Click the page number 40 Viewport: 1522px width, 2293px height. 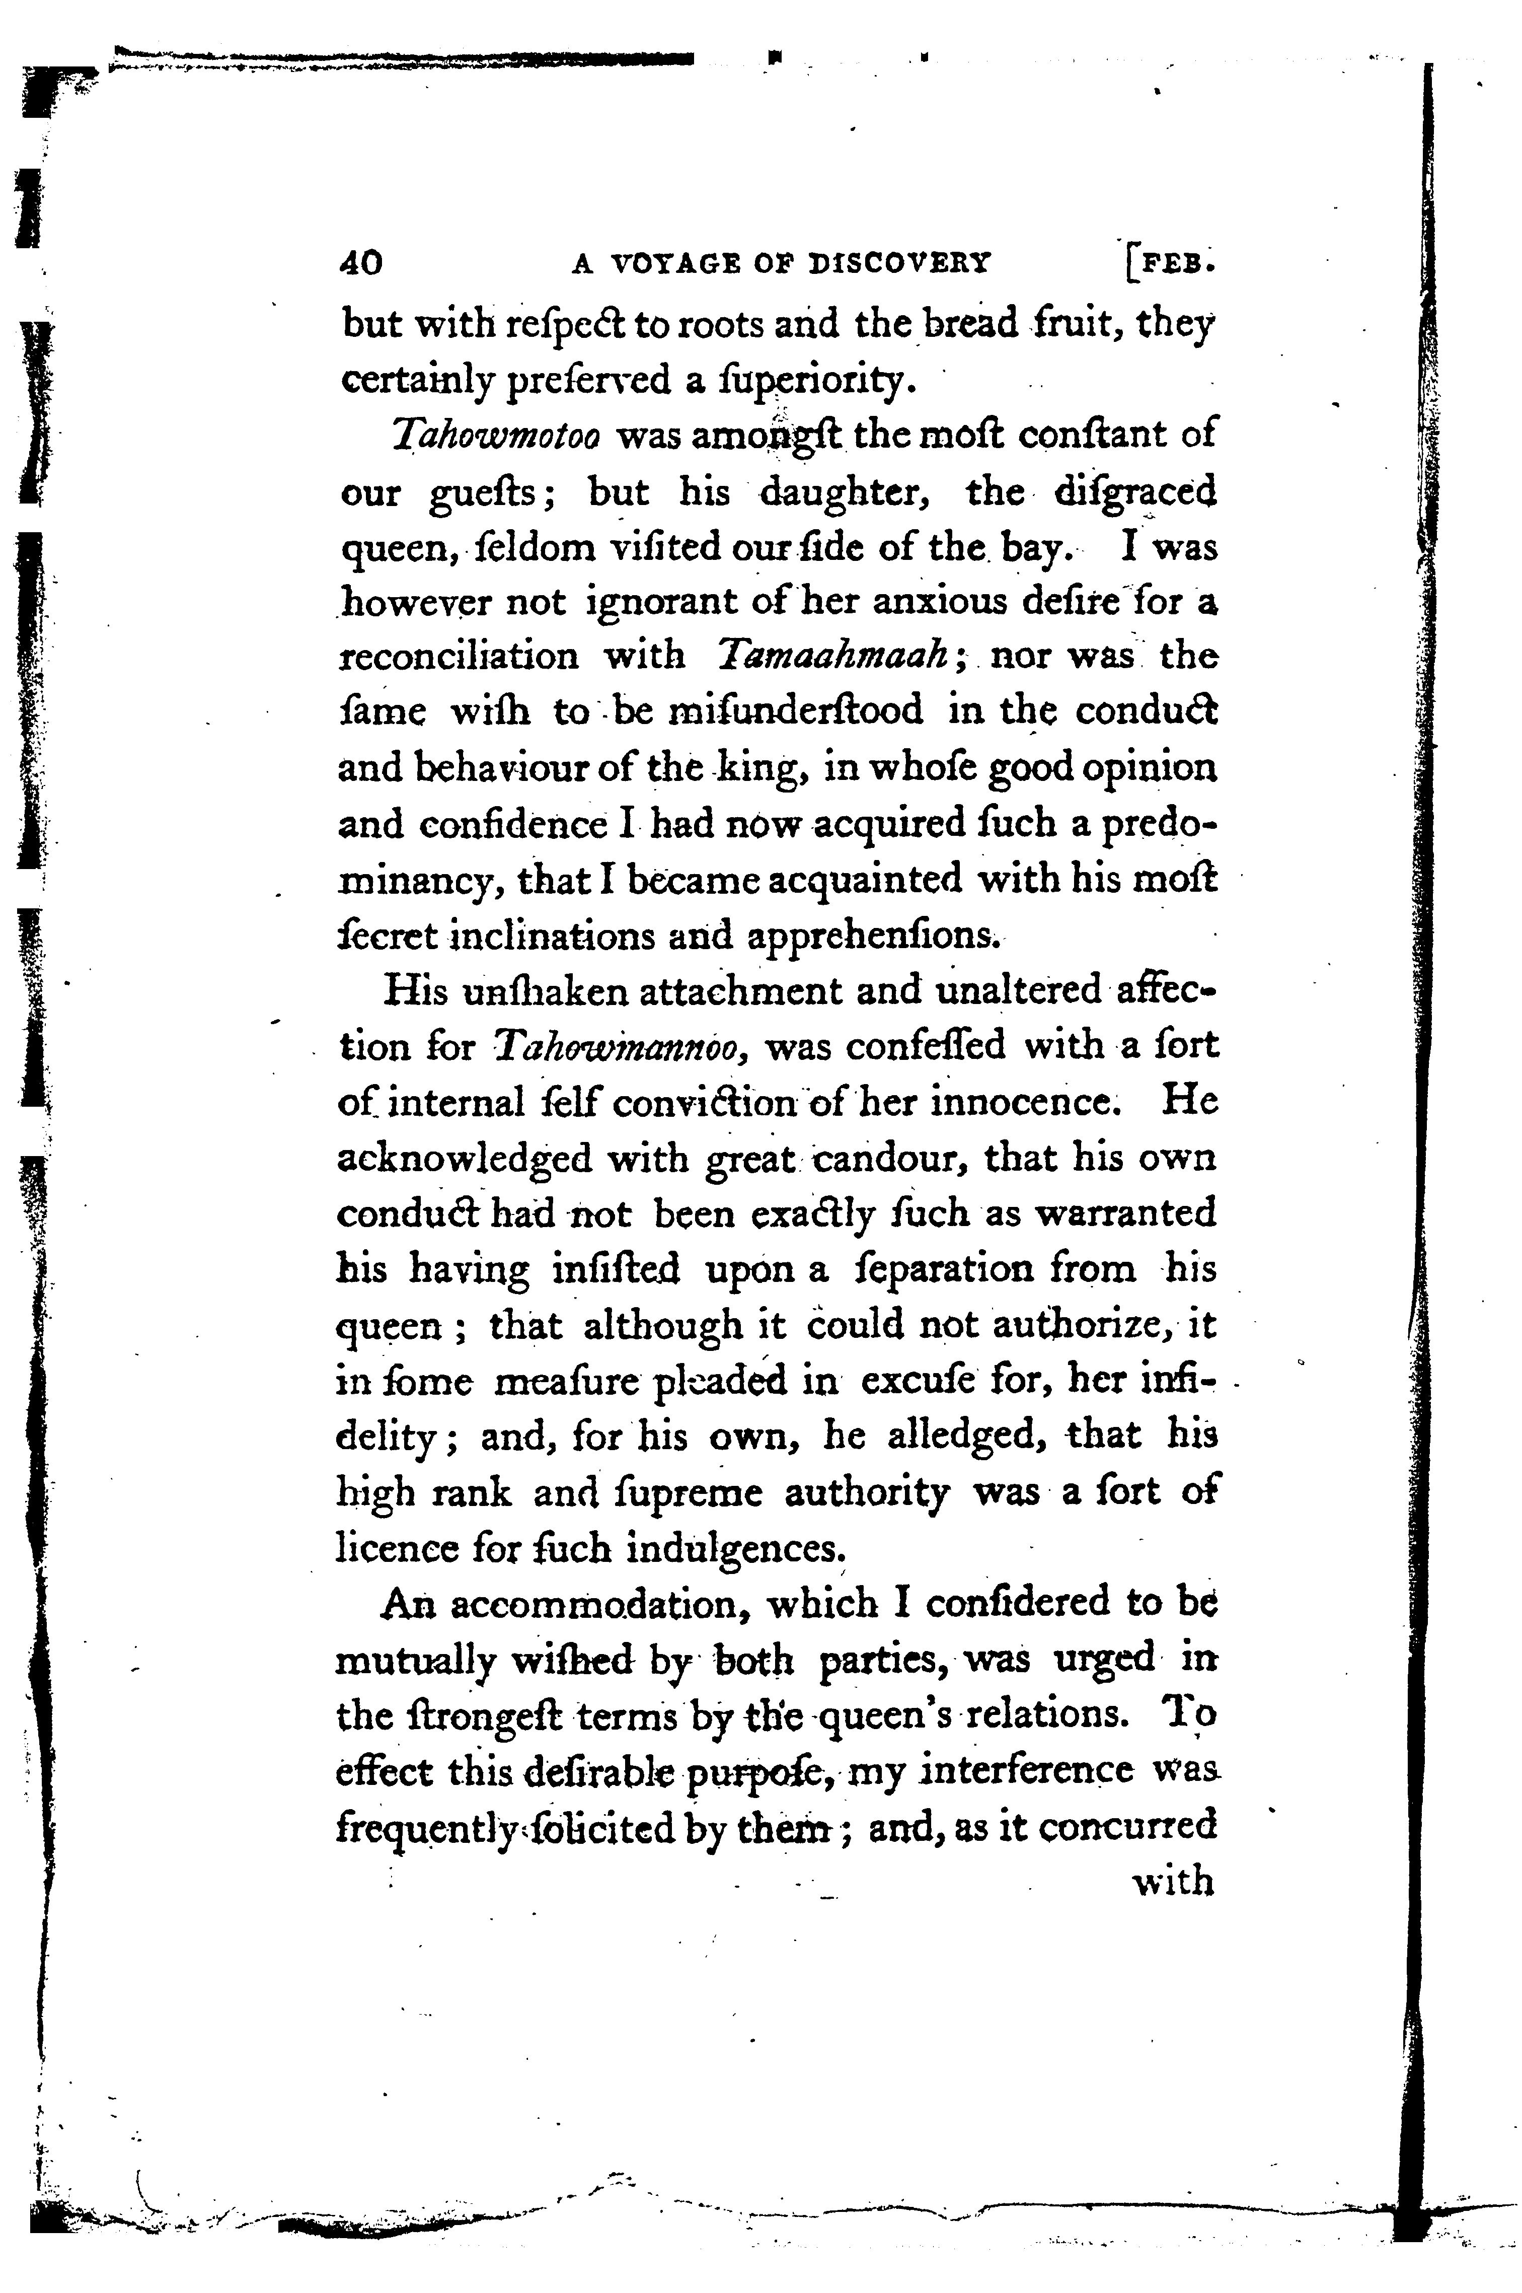pyautogui.click(x=361, y=263)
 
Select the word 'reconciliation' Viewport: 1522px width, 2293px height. pyautogui.click(x=459, y=656)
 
